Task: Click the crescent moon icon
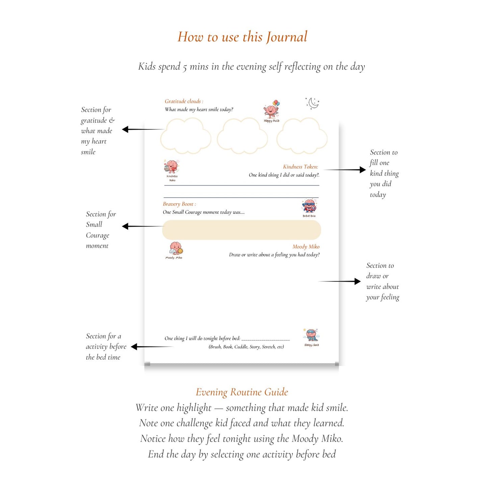coord(313,103)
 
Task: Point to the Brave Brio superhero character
coord(309,206)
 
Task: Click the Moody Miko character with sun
coord(175,249)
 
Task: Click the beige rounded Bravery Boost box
coord(241,230)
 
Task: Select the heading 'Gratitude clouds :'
coord(184,101)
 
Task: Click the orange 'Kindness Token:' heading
coord(300,167)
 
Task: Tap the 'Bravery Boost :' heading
coord(179,204)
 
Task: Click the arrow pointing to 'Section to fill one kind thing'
coord(344,170)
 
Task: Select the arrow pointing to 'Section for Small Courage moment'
coord(142,226)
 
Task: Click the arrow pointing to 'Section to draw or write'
coord(339,281)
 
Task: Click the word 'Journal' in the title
coord(287,37)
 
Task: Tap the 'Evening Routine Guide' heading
coord(242,392)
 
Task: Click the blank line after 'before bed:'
coord(265,339)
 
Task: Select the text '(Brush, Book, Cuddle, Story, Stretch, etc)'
coord(246,347)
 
